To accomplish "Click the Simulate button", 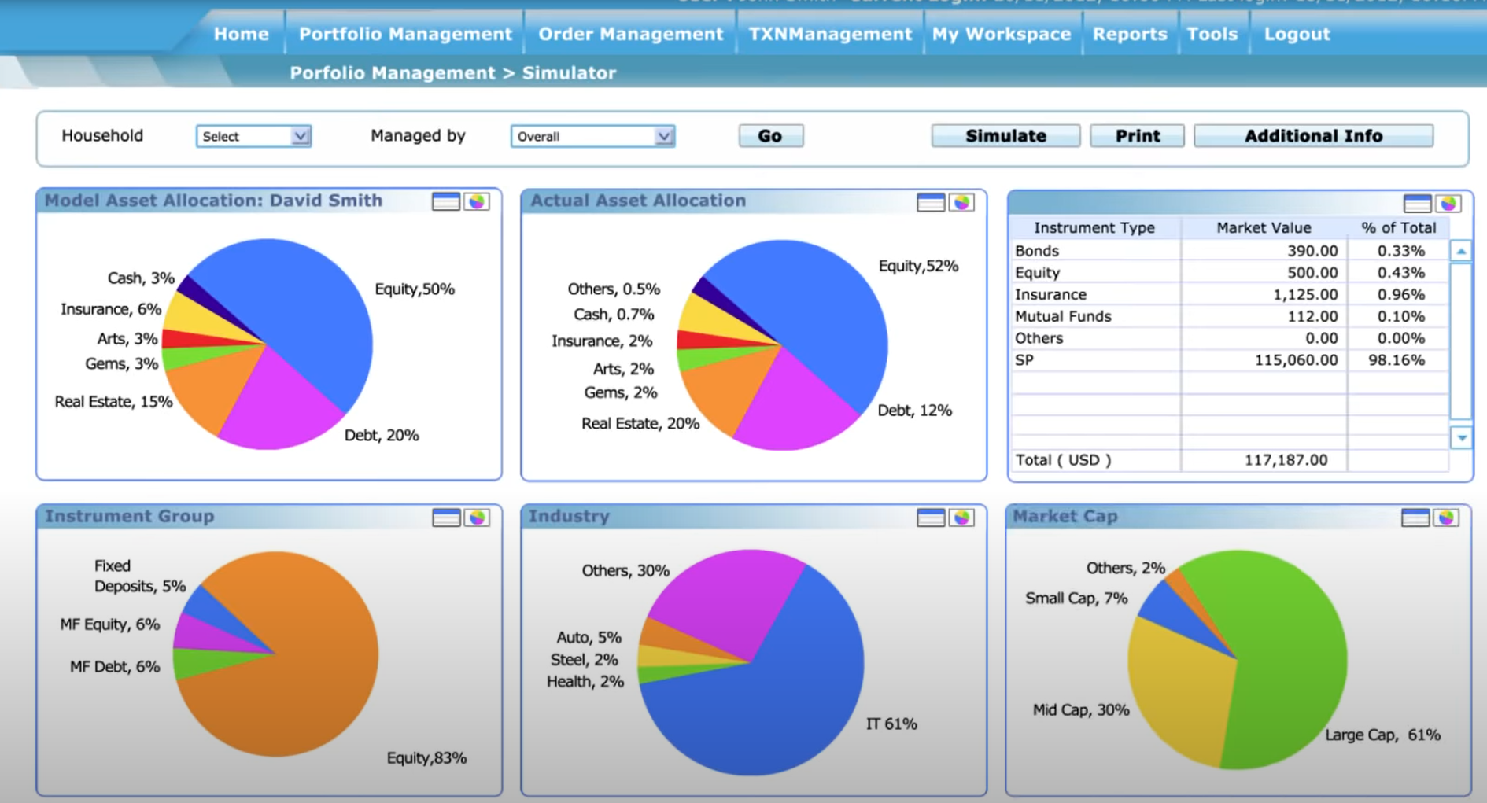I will click(1005, 136).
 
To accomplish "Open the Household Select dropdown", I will click(253, 136).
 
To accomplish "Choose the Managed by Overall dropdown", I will click(592, 136).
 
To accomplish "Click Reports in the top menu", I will click(1130, 34).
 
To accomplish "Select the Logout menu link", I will click(1297, 34).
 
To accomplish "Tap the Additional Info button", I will click(1313, 136).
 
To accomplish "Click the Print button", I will click(1137, 136).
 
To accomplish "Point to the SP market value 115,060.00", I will click(1296, 360).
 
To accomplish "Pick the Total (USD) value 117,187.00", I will click(1286, 460).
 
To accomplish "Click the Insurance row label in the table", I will click(1050, 295).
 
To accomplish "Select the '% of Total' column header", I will click(1398, 228).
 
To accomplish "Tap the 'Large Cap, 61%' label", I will click(1382, 735).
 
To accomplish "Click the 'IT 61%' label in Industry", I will click(891, 724).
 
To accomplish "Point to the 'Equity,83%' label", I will click(426, 758).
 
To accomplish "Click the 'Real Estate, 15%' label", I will click(113, 402).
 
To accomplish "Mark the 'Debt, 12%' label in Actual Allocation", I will click(914, 411).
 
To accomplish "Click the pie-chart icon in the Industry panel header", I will click(961, 518).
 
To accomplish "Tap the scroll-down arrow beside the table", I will click(1461, 438).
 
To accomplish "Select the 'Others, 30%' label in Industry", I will click(625, 571).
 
